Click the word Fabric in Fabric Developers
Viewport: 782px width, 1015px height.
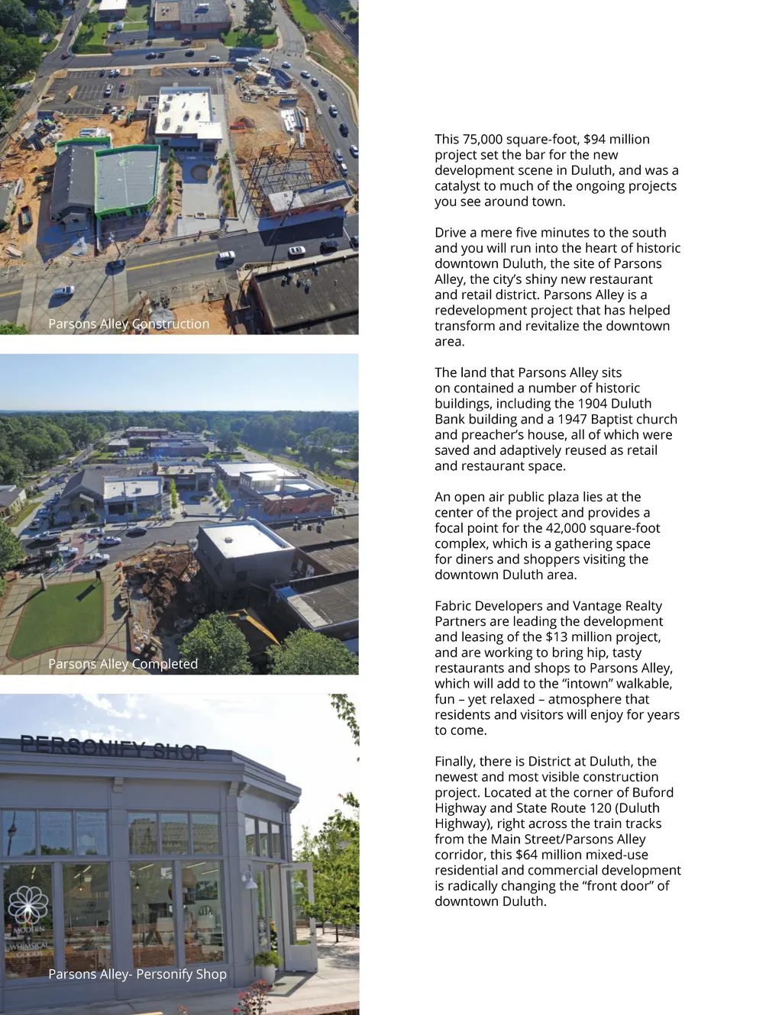453,606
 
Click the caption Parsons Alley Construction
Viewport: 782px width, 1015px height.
128,324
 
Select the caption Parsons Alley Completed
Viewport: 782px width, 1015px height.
123,664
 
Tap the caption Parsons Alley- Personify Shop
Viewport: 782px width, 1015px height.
137,975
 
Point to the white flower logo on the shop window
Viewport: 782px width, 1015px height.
27,905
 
